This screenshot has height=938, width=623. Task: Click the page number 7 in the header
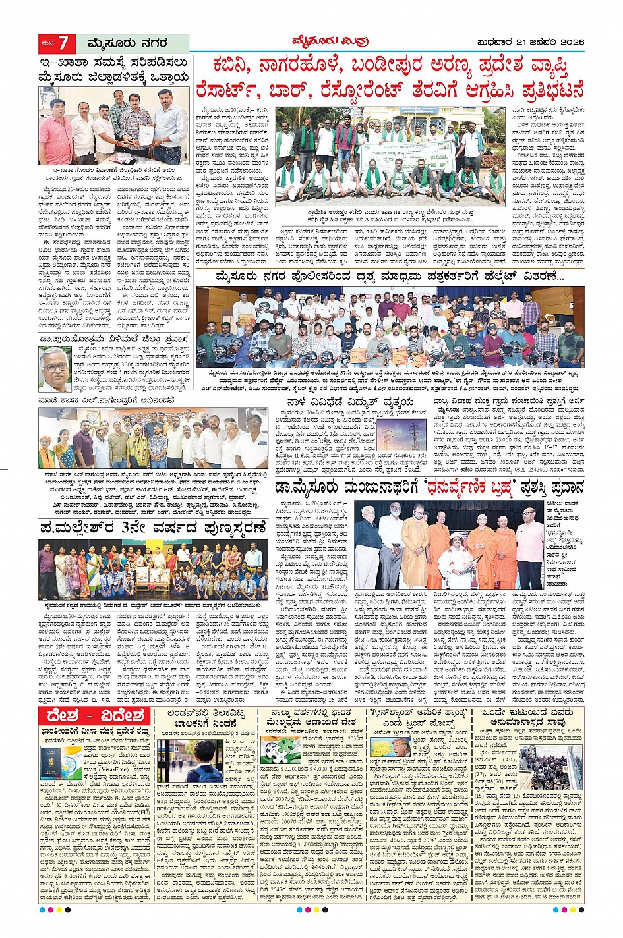click(x=63, y=43)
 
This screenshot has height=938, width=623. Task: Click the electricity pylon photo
click(x=412, y=433)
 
